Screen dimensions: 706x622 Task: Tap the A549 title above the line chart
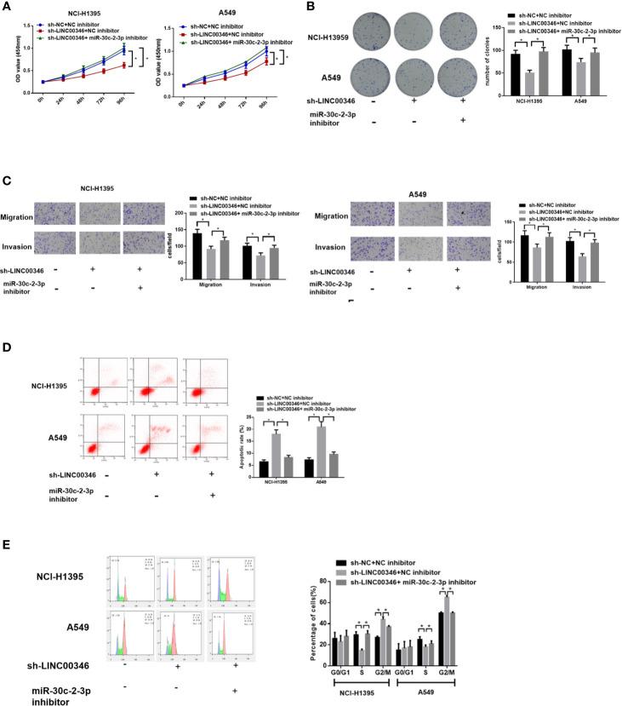click(x=226, y=15)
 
